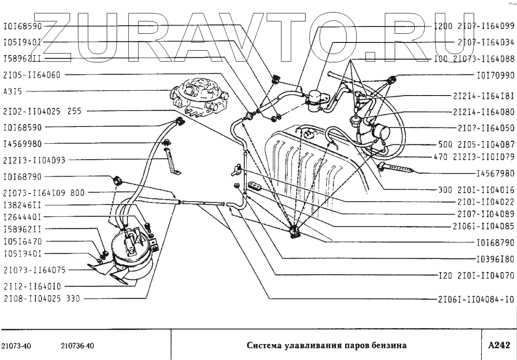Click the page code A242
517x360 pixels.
click(x=499, y=345)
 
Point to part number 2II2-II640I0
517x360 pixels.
click(x=30, y=286)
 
